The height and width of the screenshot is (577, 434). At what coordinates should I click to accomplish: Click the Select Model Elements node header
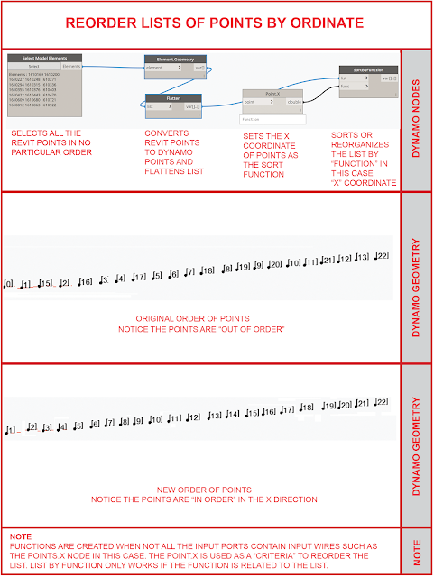(45, 58)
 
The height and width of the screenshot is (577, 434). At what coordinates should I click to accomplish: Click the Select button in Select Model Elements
(33, 66)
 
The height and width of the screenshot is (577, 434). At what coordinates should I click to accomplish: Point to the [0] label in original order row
(9, 285)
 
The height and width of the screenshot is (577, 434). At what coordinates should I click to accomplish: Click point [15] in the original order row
(45, 284)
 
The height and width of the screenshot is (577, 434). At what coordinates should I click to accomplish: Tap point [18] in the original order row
(207, 270)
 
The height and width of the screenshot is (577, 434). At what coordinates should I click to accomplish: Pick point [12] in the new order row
(192, 417)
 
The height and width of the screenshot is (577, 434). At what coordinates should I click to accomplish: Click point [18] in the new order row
(308, 408)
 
